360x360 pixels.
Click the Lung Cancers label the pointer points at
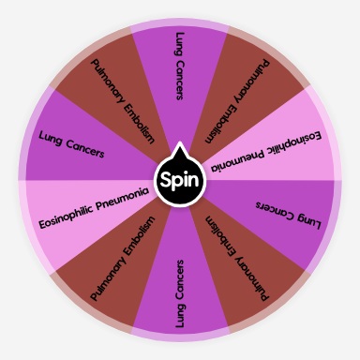tap(180, 67)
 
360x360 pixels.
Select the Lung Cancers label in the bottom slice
tap(180, 294)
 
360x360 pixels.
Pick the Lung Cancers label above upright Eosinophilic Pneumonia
tap(71, 144)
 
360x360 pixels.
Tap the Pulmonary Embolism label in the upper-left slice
tap(123, 99)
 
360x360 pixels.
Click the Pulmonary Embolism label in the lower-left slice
tap(123, 260)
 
